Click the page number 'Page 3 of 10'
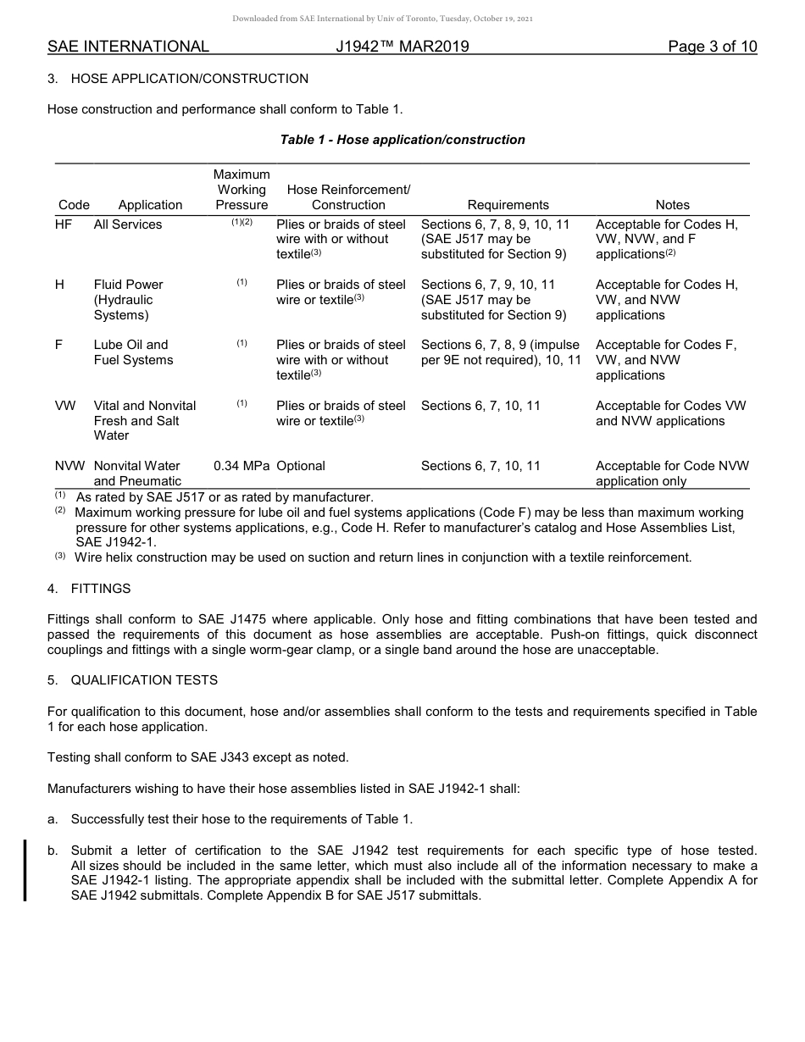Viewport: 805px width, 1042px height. coord(712,47)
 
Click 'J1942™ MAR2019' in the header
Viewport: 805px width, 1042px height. coord(402,47)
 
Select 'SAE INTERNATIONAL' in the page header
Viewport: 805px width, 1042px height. coord(128,47)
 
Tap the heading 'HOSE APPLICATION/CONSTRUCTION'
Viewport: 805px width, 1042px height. coord(190,79)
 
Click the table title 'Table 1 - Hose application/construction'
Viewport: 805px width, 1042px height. coord(402,140)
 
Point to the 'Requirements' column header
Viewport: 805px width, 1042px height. coord(508,205)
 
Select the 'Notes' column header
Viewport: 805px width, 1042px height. coord(672,205)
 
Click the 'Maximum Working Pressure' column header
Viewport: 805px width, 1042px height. coord(241,190)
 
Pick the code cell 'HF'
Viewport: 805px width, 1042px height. coord(64,224)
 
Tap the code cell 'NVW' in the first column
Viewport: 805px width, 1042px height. coord(69,466)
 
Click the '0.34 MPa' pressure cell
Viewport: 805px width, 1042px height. coord(241,466)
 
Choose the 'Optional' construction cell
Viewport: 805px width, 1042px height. coord(301,466)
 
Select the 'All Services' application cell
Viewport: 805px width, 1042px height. coord(128,224)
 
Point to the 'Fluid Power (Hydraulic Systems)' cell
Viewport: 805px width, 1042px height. coord(129,300)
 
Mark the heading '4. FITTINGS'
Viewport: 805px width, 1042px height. coord(89,589)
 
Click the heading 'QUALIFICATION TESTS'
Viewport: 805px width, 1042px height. coord(144,680)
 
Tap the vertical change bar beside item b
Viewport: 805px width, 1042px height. coord(25,870)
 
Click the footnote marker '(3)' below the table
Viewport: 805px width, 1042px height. coord(60,557)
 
